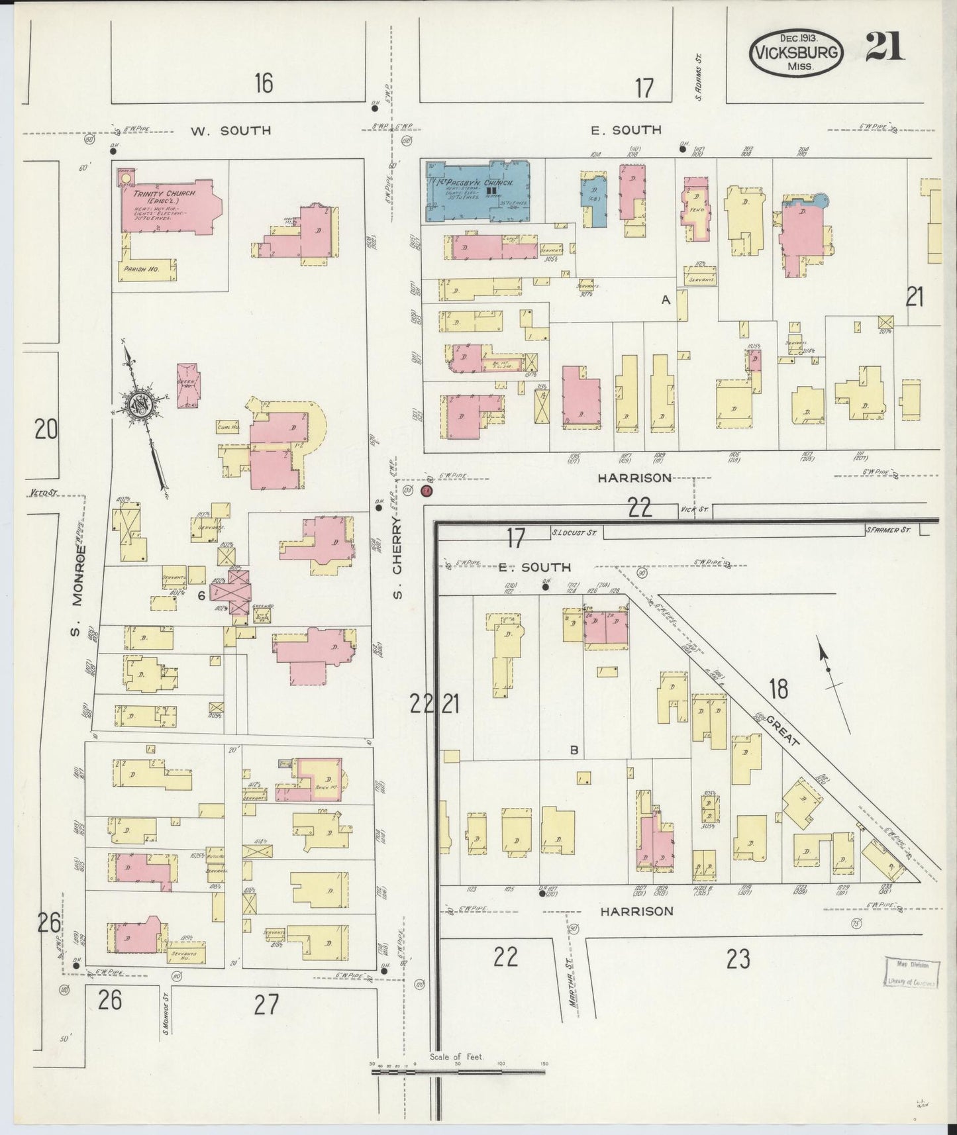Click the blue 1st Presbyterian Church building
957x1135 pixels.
[478, 189]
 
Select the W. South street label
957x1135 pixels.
[230, 130]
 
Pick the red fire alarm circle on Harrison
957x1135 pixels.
[427, 491]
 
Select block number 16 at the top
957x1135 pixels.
[263, 83]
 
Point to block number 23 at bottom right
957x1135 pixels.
[738, 958]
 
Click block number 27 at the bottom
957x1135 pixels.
[266, 1005]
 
